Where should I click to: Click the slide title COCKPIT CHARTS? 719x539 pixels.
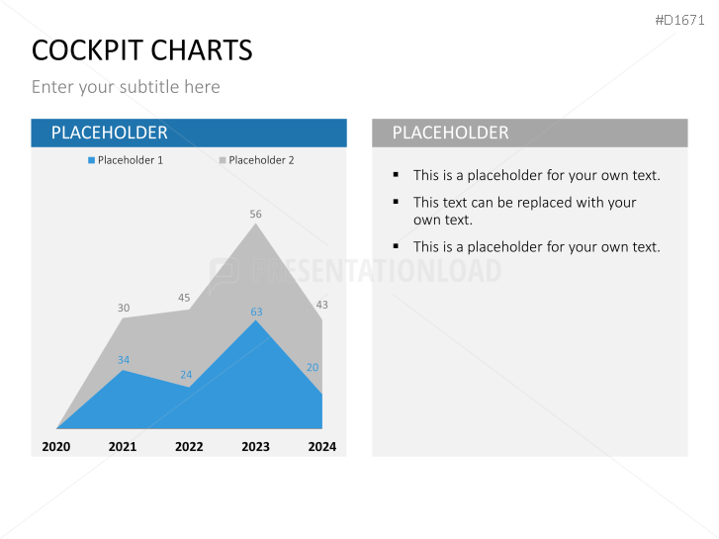(x=141, y=49)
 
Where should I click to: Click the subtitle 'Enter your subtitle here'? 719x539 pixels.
(x=126, y=87)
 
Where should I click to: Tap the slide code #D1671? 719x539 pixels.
(x=681, y=19)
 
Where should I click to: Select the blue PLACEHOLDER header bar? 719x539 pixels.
(x=189, y=133)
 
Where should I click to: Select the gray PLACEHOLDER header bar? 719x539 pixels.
(x=529, y=133)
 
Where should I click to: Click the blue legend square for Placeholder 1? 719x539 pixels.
(x=92, y=160)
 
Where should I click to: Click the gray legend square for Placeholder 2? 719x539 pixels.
(x=224, y=160)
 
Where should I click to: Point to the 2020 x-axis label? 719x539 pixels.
(x=56, y=446)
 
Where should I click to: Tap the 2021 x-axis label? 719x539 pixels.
(x=123, y=446)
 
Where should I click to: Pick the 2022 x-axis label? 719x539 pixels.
(x=189, y=446)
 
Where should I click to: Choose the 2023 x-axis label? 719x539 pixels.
(x=255, y=446)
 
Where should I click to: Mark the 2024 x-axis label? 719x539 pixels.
(x=321, y=446)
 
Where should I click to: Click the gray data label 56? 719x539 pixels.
(x=255, y=214)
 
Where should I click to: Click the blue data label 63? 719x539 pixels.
(x=256, y=312)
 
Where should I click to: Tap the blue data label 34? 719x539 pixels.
(x=124, y=360)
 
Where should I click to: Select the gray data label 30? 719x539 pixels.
(x=124, y=308)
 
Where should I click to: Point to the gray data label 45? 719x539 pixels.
(x=184, y=298)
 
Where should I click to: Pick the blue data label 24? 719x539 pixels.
(x=186, y=375)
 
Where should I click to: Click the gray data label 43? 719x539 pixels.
(x=321, y=305)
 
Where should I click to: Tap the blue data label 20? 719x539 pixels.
(x=313, y=367)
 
